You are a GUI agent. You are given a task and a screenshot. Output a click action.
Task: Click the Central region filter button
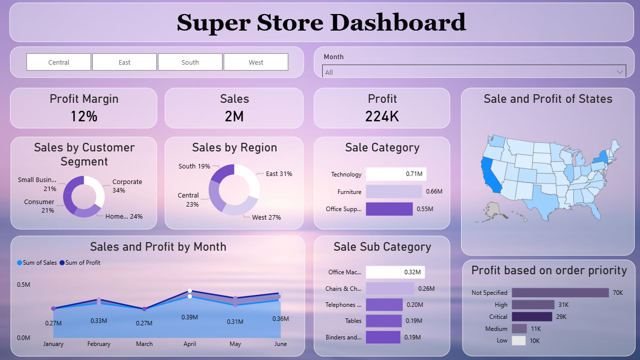coord(59,62)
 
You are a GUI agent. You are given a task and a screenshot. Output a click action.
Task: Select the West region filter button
coord(256,62)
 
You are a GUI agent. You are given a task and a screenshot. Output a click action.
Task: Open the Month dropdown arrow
coord(619,72)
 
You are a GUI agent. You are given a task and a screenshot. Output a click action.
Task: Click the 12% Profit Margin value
coord(84,116)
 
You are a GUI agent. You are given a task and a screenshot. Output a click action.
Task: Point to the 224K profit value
coord(382,116)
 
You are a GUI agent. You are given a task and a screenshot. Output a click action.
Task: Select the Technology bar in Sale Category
coord(396,174)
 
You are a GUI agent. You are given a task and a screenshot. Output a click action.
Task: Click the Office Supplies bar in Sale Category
coord(389,209)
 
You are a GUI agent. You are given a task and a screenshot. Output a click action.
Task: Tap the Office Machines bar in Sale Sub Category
coord(395,272)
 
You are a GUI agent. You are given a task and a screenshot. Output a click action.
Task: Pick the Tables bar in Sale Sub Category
coord(383,321)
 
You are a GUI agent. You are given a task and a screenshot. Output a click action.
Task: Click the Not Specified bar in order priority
coord(560,292)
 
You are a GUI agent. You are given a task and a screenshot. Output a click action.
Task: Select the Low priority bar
coord(519,340)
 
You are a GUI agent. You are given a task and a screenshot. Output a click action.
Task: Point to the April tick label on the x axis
coord(190,344)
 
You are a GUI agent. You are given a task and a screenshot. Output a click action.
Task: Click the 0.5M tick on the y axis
coord(24,285)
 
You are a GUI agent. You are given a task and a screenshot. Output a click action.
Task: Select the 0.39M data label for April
coord(190,317)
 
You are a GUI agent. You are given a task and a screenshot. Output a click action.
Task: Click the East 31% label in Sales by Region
coord(279,174)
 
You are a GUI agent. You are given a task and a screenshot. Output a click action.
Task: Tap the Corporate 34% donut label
coord(127,186)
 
